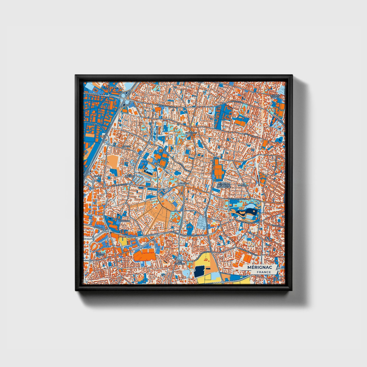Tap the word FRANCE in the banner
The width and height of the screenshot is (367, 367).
click(263, 272)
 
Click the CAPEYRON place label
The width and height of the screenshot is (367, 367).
click(191, 133)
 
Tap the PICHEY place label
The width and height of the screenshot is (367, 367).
click(97, 176)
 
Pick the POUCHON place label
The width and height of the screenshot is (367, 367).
click(124, 221)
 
